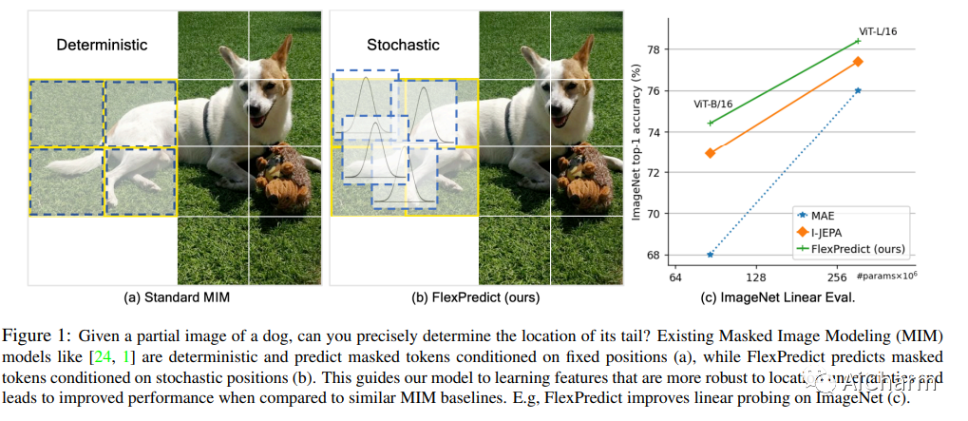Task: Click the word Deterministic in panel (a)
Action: [102, 45]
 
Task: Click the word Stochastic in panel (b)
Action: [404, 45]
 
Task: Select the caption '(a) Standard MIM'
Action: [178, 297]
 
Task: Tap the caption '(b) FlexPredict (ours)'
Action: [475, 297]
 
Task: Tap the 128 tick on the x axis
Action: [756, 277]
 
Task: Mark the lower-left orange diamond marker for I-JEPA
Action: [711, 152]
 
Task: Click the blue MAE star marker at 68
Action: [710, 255]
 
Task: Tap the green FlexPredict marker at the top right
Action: [858, 41]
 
